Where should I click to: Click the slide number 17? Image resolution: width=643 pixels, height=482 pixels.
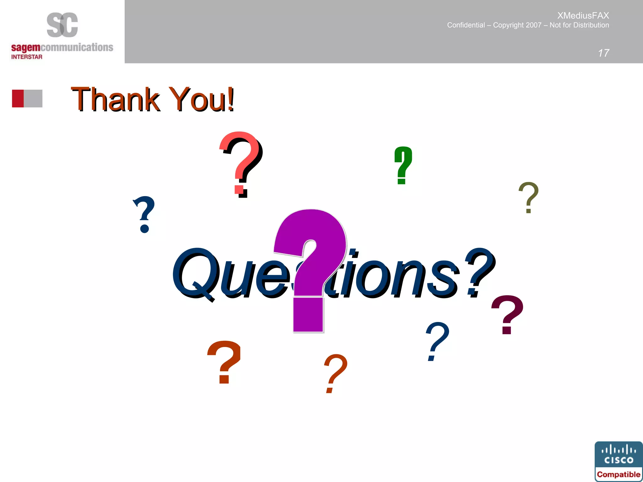[x=603, y=53]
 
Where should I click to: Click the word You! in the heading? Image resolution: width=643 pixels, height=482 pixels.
[x=203, y=100]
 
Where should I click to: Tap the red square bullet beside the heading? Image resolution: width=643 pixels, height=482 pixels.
[x=18, y=99]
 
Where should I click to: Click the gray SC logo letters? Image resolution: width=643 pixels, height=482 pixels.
[x=62, y=25]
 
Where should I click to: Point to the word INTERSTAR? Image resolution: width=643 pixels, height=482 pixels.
[x=27, y=57]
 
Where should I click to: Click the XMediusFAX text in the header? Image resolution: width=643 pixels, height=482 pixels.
[x=583, y=15]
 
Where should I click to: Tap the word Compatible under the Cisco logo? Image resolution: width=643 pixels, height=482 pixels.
[x=619, y=474]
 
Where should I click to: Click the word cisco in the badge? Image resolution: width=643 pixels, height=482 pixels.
[x=619, y=460]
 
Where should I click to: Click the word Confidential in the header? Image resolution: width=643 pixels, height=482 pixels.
[x=466, y=25]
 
